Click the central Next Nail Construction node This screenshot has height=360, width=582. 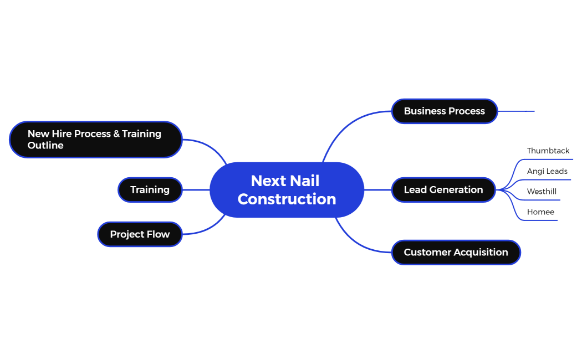[x=287, y=189]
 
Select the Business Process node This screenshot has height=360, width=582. [x=444, y=111]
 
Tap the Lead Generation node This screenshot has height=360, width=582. [x=443, y=190]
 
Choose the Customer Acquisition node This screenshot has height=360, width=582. [x=456, y=253]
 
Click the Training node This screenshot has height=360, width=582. [x=150, y=190]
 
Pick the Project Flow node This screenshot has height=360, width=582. [x=140, y=234]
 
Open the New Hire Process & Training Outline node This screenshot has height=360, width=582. [x=95, y=140]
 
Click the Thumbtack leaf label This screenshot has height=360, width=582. [x=548, y=151]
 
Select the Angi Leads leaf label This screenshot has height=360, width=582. [x=547, y=172]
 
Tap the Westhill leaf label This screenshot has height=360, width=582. [x=542, y=192]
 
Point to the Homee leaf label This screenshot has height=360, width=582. [x=540, y=212]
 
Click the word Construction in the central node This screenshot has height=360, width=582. [x=287, y=199]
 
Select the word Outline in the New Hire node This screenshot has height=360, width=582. [x=45, y=146]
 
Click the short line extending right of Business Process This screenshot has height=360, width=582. [x=516, y=111]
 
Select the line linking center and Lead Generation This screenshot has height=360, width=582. [x=377, y=190]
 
